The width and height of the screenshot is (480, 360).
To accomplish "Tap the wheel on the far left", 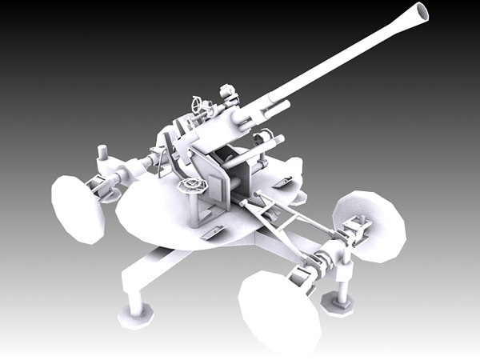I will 78,207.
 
